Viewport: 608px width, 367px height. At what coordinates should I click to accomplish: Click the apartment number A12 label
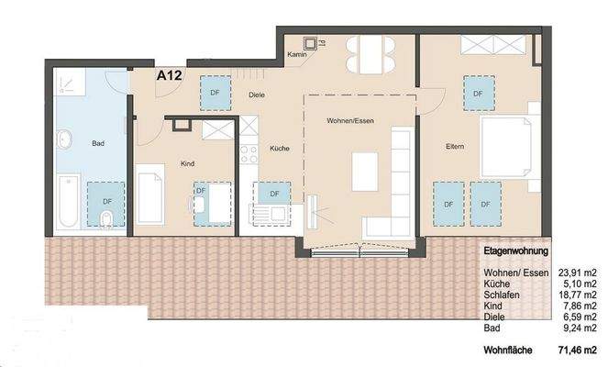click(x=169, y=77)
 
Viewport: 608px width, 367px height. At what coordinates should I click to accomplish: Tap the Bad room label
click(x=98, y=144)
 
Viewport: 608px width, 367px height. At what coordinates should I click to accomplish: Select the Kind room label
click(x=187, y=164)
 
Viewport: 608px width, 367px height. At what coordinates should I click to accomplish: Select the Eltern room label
click(x=455, y=146)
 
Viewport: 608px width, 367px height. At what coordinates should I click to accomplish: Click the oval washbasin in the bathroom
click(x=66, y=140)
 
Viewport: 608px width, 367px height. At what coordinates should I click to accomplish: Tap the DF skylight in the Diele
click(x=215, y=93)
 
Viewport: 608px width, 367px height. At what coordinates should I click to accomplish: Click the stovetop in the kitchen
click(x=246, y=154)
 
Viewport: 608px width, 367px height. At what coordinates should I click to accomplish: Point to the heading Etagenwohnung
click(x=515, y=250)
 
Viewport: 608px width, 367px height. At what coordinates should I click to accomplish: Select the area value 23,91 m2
click(x=576, y=273)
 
